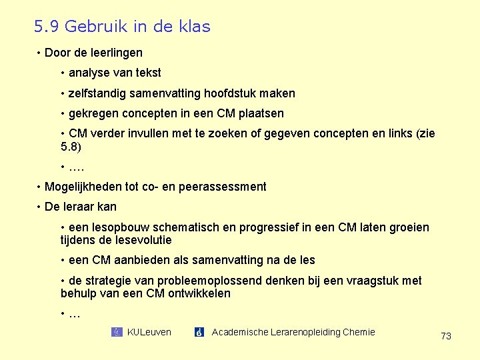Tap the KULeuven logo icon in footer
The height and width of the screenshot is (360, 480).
coord(117,332)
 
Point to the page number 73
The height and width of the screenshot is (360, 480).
coord(446,336)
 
